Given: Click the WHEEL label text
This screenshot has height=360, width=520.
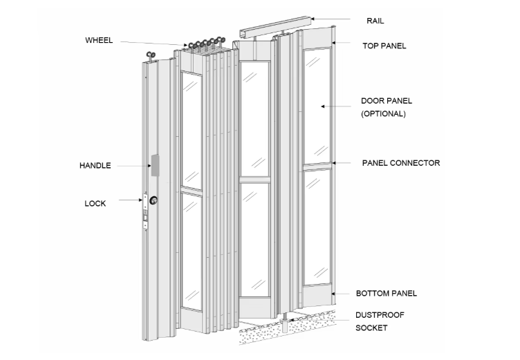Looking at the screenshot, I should click(100, 40).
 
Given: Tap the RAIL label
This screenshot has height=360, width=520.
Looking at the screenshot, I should click(375, 21).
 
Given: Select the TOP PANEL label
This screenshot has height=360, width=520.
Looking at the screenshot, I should click(384, 46).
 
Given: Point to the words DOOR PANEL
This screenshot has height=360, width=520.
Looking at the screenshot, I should click(387, 101).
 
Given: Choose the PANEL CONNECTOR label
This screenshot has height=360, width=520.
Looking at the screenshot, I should click(401, 163).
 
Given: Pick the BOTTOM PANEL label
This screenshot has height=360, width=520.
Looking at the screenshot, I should click(387, 294).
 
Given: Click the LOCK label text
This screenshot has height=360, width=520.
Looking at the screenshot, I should click(95, 203).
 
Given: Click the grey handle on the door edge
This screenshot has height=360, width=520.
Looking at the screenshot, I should click(154, 164).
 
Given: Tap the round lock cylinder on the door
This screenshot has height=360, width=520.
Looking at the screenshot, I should click(153, 201).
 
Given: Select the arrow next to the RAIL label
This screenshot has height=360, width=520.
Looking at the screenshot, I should click(332, 19).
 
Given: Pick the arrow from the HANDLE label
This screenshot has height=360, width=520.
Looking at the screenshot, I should click(131, 166).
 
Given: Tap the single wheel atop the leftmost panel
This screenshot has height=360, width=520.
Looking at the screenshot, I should click(151, 57).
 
